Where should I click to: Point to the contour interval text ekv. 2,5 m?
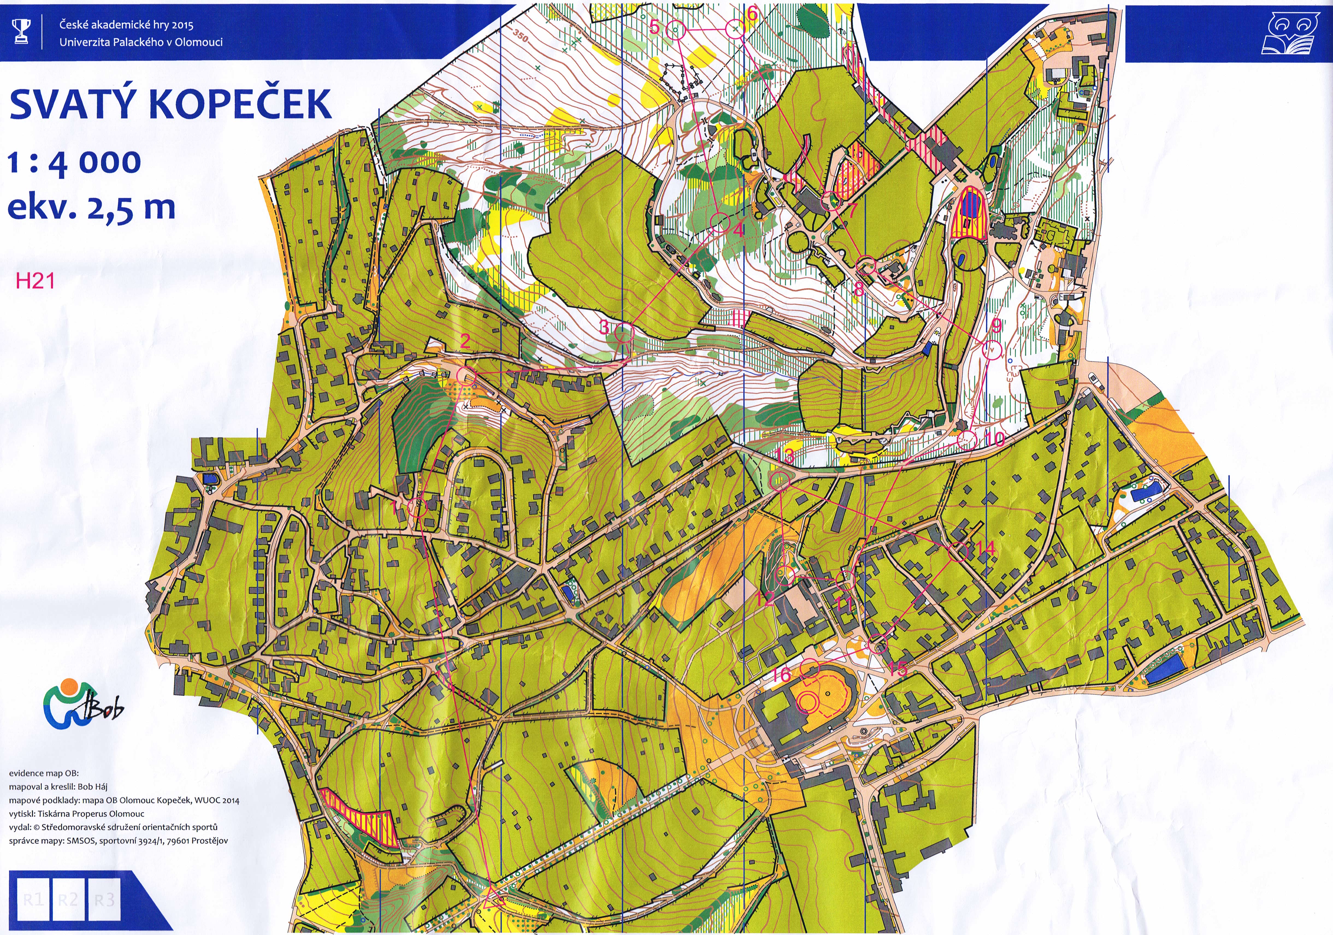(x=91, y=207)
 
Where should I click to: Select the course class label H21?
(x=35, y=281)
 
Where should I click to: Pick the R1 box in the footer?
(x=33, y=900)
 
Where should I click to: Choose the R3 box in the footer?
(x=105, y=900)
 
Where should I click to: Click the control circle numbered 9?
(x=992, y=350)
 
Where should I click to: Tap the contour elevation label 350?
(x=520, y=37)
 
